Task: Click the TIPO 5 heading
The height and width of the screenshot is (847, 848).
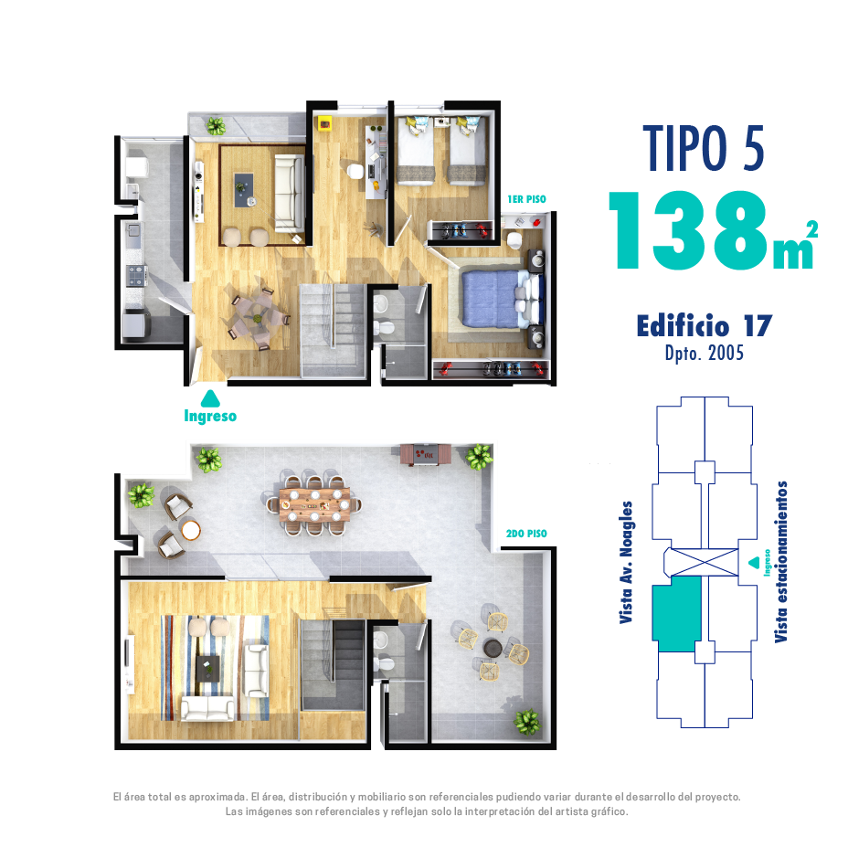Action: (x=704, y=148)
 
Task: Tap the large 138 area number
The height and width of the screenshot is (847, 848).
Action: (x=688, y=231)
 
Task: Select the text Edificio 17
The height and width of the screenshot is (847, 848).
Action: (x=705, y=326)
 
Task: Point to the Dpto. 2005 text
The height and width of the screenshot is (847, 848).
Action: (x=705, y=354)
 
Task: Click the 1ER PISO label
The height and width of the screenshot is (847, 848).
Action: (x=526, y=199)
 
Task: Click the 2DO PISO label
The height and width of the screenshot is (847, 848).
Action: (x=526, y=534)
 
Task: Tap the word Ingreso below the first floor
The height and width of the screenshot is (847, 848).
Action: (x=210, y=416)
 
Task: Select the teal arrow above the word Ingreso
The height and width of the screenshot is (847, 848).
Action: (x=210, y=398)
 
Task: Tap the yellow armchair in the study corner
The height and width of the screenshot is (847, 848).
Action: (x=325, y=124)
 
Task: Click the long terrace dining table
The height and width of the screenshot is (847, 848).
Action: (x=314, y=504)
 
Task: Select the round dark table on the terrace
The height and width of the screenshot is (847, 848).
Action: (x=493, y=648)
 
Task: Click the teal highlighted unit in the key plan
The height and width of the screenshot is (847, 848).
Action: (x=677, y=613)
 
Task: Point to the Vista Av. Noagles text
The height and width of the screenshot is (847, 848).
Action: (x=626, y=563)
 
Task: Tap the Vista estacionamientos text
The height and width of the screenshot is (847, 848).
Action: (x=781, y=561)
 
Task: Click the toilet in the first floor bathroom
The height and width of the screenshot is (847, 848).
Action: (x=385, y=328)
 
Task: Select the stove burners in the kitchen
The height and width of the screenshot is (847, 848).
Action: (x=136, y=275)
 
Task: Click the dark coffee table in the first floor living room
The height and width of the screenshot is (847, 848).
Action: (x=244, y=189)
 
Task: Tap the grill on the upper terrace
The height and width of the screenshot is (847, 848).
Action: (x=425, y=454)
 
